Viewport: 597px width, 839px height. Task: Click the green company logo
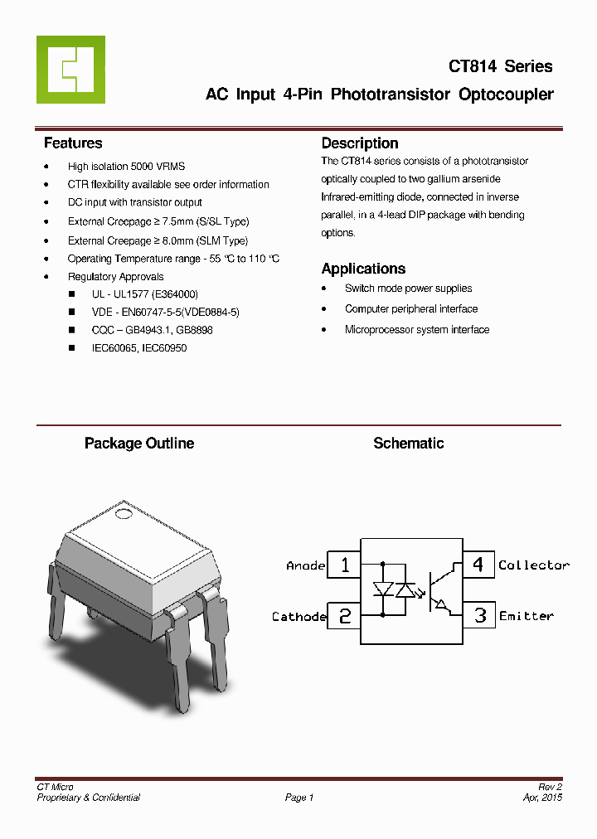point(70,70)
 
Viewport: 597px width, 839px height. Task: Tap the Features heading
point(73,143)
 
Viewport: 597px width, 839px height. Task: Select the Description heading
point(360,143)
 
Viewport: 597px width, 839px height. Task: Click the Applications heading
point(363,269)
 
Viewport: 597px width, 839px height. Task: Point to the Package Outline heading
point(139,444)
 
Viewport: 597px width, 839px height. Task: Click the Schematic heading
point(408,444)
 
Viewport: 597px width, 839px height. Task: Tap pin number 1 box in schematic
point(344,565)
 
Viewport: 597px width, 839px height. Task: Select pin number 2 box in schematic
point(344,616)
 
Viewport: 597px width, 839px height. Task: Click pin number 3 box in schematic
point(479,616)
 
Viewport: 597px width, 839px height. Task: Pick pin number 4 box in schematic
point(478,565)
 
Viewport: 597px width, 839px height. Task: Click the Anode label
point(305,565)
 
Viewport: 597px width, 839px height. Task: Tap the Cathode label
point(298,617)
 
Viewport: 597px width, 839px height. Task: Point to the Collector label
point(533,565)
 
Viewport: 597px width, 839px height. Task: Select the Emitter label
point(526,617)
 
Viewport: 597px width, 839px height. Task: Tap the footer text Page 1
point(299,798)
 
